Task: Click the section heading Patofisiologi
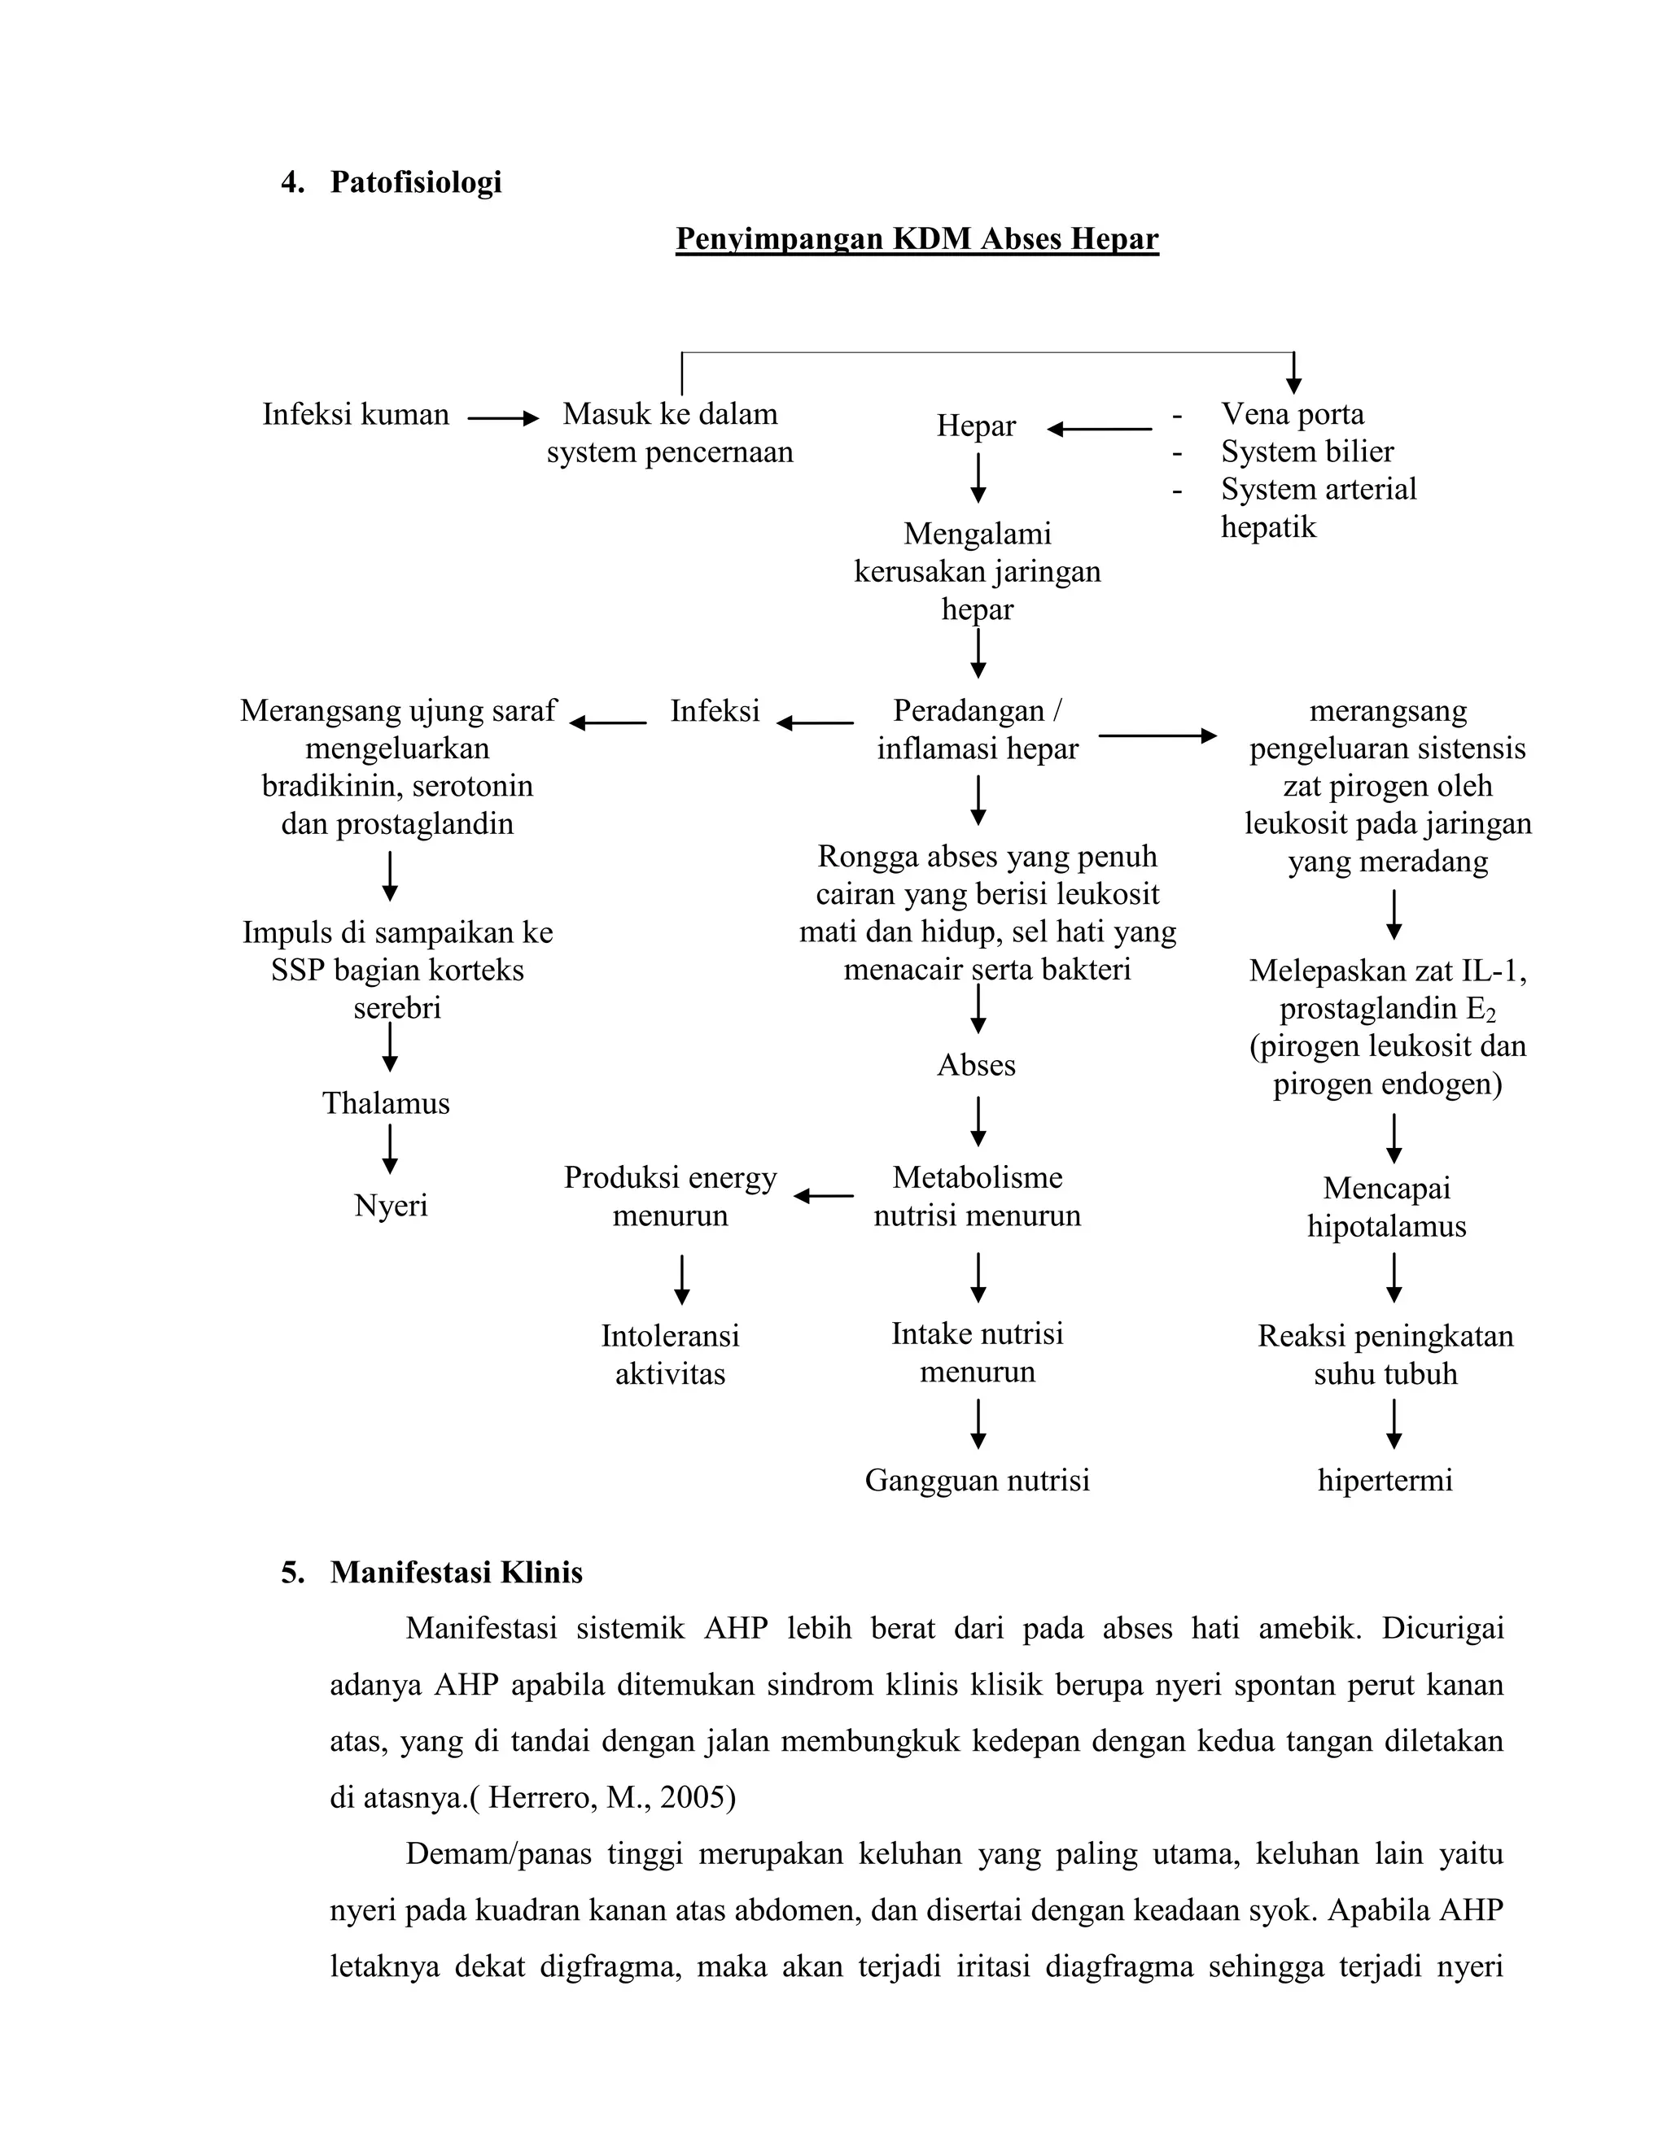tap(415, 182)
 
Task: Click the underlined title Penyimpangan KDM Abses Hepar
tap(917, 240)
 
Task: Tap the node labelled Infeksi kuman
tap(356, 415)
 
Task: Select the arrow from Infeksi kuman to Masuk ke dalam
tap(503, 418)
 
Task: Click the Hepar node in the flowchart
tap(976, 426)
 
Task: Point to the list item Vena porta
tap(1292, 415)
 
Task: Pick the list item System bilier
tap(1306, 452)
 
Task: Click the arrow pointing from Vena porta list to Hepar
tap(1099, 430)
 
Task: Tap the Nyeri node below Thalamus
tap(391, 1206)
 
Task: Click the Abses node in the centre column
tap(976, 1066)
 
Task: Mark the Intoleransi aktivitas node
tap(670, 1355)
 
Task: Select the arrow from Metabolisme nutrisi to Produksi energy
tap(824, 1197)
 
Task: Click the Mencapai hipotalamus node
tap(1386, 1207)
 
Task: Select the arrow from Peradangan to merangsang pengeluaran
tap(1157, 735)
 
